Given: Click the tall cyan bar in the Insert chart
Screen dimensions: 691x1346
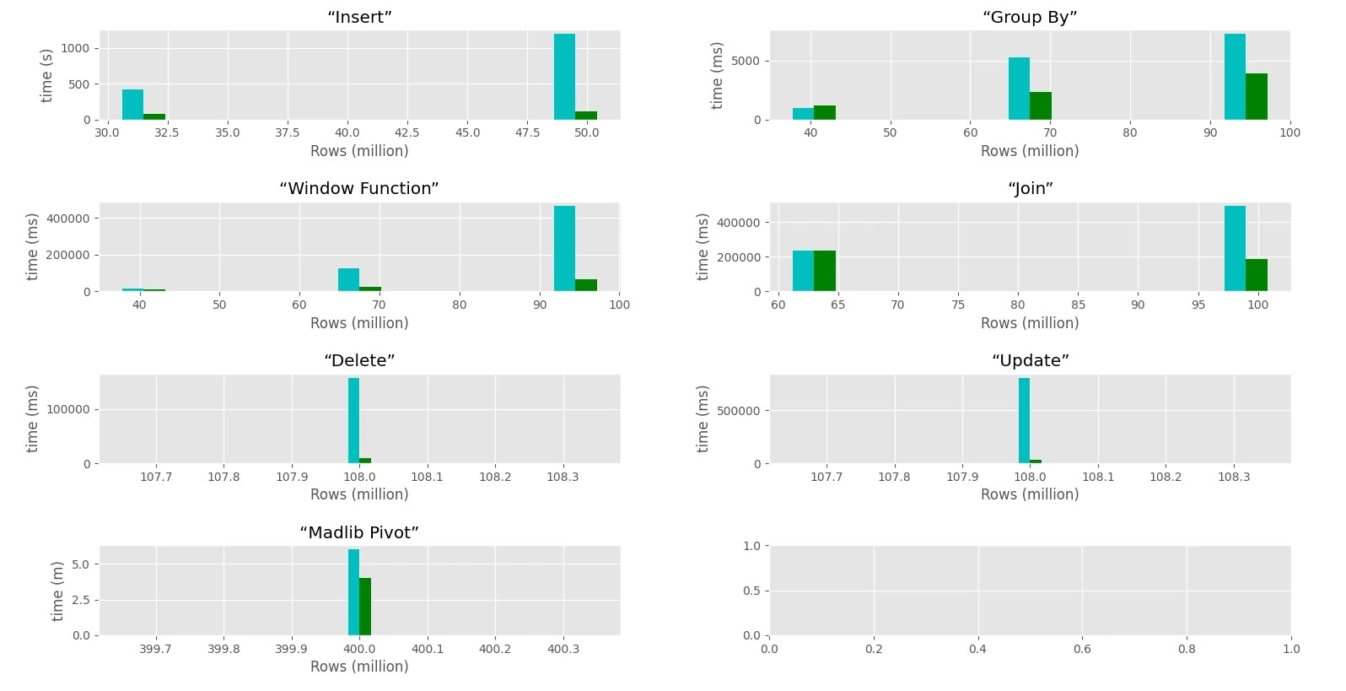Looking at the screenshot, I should pyautogui.click(x=564, y=77).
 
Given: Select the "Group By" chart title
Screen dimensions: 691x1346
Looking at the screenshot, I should pyautogui.click(x=1030, y=17).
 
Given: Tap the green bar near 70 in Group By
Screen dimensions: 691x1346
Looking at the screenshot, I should pyautogui.click(x=1040, y=105).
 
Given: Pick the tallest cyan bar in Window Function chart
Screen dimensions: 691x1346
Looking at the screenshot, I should pyautogui.click(x=564, y=249).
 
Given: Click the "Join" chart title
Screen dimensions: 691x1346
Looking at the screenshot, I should pyautogui.click(x=1030, y=189).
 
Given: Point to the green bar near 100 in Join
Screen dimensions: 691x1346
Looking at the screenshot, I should pyautogui.click(x=1257, y=275).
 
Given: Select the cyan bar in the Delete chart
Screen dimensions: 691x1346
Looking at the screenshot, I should pyautogui.click(x=353, y=420).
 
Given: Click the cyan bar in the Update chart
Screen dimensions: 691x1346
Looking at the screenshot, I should pyautogui.click(x=1024, y=420).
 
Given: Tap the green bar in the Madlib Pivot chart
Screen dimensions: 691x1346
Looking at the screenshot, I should pyautogui.click(x=365, y=607).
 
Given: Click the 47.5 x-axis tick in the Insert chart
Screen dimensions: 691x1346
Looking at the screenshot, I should pyautogui.click(x=527, y=132).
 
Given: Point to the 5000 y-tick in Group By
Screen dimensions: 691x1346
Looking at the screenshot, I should pyautogui.click(x=745, y=62).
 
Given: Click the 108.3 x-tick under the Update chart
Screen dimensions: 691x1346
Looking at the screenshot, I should pyautogui.click(x=1234, y=477).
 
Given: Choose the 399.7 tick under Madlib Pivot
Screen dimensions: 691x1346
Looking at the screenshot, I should pyautogui.click(x=155, y=649).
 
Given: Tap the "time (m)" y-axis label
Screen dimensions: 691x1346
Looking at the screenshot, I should pyautogui.click(x=57, y=591).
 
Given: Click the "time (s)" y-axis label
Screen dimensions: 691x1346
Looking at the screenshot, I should pyautogui.click(x=46, y=75).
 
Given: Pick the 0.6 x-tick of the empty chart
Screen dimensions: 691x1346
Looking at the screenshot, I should pyautogui.click(x=1082, y=649).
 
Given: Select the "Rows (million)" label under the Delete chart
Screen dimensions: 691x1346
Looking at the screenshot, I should pyautogui.click(x=359, y=494).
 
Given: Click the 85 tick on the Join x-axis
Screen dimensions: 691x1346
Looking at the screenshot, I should pyautogui.click(x=1078, y=305).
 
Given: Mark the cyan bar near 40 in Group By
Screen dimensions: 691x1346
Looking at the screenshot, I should pyautogui.click(x=803, y=114).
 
